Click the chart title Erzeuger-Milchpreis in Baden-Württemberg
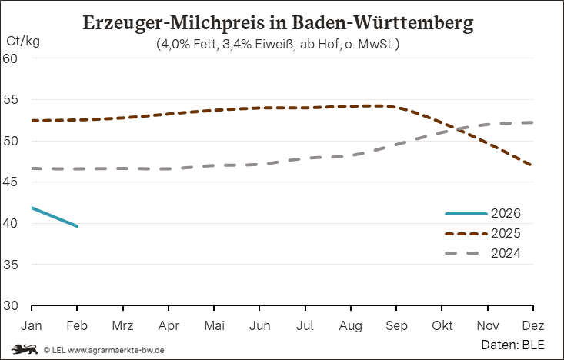coord(278,23)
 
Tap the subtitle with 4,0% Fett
coord(278,45)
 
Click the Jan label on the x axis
coord(32,325)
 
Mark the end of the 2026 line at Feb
coord(77,226)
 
